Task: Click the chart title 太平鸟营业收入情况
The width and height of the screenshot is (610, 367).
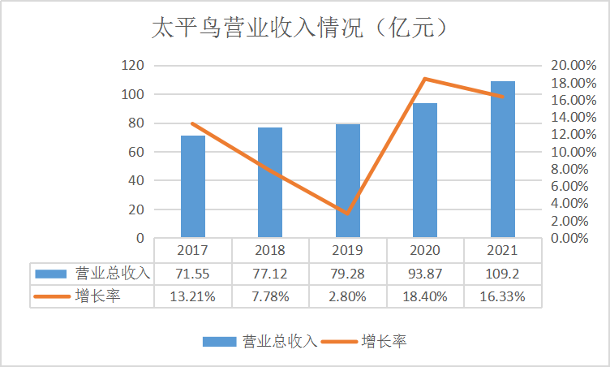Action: (x=257, y=28)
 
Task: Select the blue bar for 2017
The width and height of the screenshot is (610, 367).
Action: (x=193, y=186)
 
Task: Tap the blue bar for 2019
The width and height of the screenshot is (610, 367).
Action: (x=348, y=181)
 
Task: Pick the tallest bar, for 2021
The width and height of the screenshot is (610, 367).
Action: (x=503, y=159)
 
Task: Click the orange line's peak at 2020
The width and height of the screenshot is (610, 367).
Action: (x=425, y=79)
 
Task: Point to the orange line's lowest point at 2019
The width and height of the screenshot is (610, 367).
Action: (x=347, y=214)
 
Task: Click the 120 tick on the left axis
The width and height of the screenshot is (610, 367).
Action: (x=133, y=65)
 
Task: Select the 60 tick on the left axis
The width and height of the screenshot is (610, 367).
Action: (x=136, y=152)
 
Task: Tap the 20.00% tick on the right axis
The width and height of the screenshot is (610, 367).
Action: (x=573, y=65)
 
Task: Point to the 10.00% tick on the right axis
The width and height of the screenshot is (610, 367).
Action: (x=573, y=152)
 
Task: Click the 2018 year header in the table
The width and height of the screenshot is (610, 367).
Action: (x=270, y=250)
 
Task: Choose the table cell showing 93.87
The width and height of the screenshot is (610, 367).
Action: (x=425, y=274)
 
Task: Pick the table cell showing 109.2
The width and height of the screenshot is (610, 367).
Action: (x=502, y=274)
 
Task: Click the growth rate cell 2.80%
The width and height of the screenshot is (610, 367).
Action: (x=347, y=297)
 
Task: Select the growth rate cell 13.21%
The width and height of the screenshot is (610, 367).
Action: (x=192, y=297)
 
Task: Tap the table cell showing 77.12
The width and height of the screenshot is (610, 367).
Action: (x=270, y=274)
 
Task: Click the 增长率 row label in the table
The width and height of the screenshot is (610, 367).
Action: (x=97, y=296)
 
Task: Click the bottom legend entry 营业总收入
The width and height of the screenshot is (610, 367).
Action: (x=280, y=342)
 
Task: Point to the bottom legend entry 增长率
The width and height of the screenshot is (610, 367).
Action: (x=383, y=342)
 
